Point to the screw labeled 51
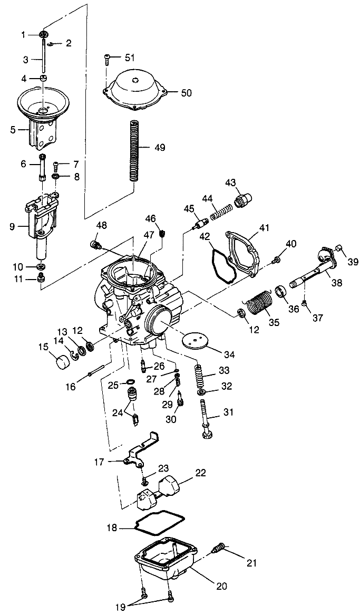108,57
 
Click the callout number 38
336,283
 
